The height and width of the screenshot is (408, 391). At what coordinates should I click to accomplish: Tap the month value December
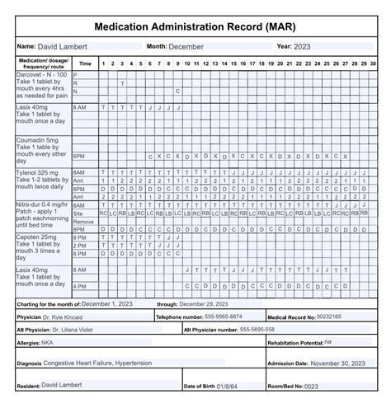pos(186,46)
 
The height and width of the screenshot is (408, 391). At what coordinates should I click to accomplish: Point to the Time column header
pos(85,63)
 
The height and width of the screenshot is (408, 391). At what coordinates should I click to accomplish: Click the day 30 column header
pos(363,63)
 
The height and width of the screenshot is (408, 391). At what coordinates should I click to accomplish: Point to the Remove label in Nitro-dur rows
pos(83,222)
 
